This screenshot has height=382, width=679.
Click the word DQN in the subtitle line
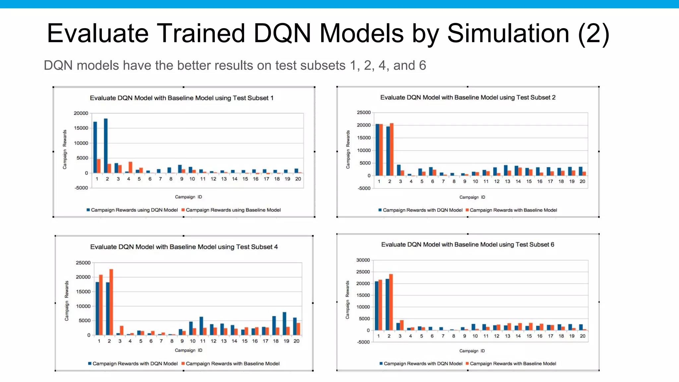coord(58,65)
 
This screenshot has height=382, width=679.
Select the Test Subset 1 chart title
coord(182,98)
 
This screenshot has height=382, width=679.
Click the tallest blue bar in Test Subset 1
coord(106,146)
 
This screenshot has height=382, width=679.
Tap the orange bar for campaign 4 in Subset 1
coord(131,167)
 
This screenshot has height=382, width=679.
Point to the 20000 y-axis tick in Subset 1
coord(81,113)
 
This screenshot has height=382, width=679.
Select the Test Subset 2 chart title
coord(468,97)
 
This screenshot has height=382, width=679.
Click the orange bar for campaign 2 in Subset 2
coord(392,149)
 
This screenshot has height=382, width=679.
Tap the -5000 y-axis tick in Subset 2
coord(364,188)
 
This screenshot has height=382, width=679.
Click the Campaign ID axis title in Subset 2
coord(472,197)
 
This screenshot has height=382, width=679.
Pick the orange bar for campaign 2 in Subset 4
coord(111,302)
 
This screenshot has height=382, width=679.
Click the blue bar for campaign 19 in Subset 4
coord(284,323)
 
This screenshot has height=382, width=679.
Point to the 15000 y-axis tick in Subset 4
coord(83,291)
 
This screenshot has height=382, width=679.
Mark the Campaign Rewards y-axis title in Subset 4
coord(67,301)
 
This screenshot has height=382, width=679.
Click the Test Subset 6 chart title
coord(467,245)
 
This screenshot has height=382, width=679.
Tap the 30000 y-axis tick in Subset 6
coord(363,260)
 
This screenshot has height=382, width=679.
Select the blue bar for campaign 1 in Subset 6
coord(377,305)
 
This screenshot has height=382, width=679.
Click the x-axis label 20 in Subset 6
coord(583,336)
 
